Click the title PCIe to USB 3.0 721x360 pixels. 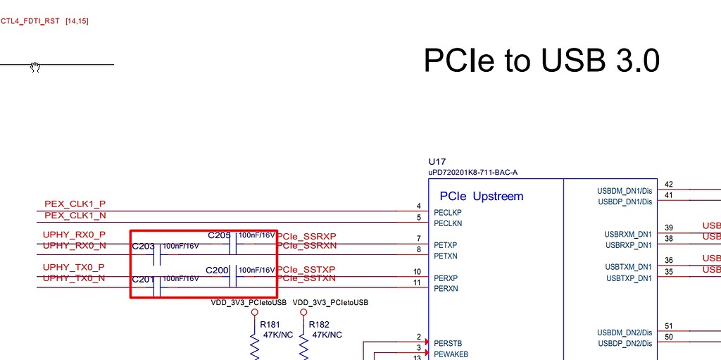coord(541,61)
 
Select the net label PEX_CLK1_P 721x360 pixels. coord(75,204)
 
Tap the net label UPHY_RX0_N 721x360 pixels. coord(74,245)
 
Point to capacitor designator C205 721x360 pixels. coord(219,235)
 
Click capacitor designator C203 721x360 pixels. coord(143,247)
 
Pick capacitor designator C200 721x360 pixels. coord(217,270)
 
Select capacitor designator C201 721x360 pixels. coord(143,280)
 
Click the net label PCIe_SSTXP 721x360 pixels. coord(306,269)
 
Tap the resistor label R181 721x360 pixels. coord(270,325)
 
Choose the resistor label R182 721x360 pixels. coord(320,325)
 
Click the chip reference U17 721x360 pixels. coord(437,161)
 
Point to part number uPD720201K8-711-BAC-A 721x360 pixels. coord(473,172)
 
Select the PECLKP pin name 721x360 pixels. coord(448,212)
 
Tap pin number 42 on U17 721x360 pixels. coord(668,185)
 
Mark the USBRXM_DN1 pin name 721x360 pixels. coord(628,234)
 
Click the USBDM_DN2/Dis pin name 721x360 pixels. coord(625,333)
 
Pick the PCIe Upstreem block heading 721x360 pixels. coord(482,196)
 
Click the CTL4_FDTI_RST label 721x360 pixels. coord(31,21)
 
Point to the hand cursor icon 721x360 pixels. coord(35,67)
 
